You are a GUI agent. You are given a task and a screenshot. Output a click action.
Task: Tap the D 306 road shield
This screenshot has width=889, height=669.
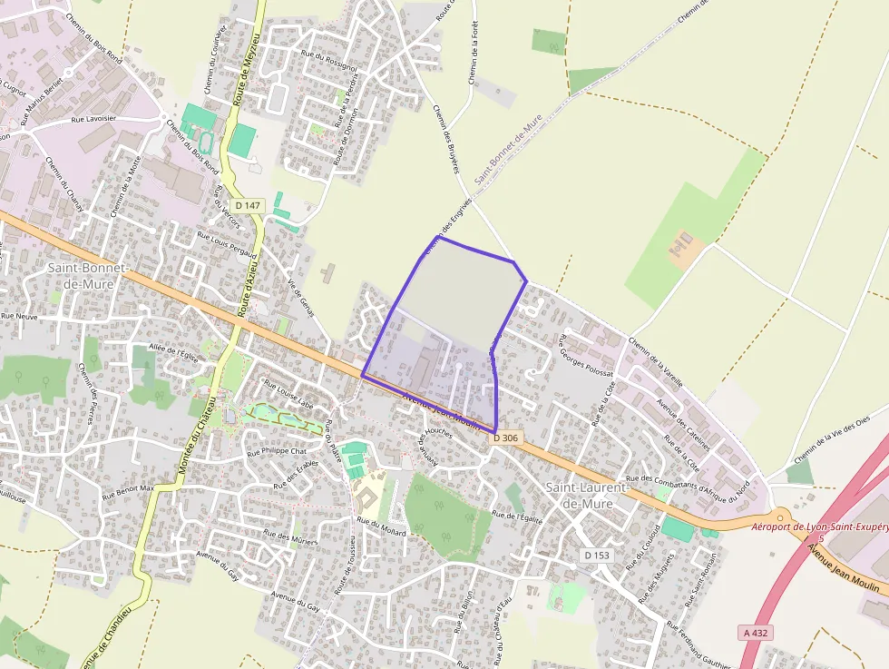[x=507, y=438]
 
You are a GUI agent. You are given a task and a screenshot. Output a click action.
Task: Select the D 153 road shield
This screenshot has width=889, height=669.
[x=596, y=554]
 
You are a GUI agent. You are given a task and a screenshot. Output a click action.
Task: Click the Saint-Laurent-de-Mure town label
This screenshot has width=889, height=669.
[x=587, y=496]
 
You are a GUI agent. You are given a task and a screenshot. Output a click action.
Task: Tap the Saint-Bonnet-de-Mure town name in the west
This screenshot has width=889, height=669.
[x=86, y=276]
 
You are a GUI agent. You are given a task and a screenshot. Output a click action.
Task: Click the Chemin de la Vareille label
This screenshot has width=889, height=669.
[x=654, y=364]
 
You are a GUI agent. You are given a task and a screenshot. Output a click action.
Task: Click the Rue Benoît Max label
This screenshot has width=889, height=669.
[x=128, y=493]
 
